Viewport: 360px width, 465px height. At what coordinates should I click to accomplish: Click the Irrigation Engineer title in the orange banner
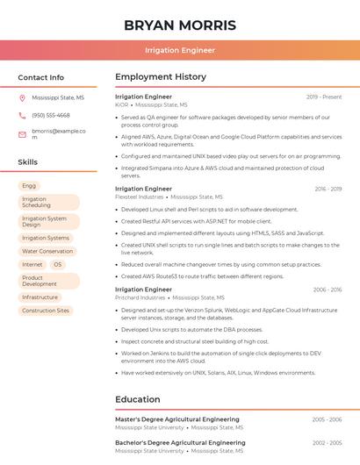pyautogui.click(x=179, y=50)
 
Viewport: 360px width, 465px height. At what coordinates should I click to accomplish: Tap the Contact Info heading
pyautogui.click(x=40, y=77)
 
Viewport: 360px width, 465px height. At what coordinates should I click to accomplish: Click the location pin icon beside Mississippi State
pyautogui.click(x=22, y=98)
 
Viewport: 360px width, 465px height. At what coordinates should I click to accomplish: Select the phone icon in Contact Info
pyautogui.click(x=22, y=115)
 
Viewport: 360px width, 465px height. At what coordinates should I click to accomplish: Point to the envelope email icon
pyautogui.click(x=22, y=134)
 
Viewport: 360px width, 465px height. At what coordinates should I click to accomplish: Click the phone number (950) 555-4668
pyautogui.click(x=51, y=115)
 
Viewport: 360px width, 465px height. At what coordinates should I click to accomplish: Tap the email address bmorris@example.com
pyautogui.click(x=58, y=134)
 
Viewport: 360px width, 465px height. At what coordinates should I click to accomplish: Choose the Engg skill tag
pyautogui.click(x=29, y=186)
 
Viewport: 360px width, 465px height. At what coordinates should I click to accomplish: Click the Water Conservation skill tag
pyautogui.click(x=47, y=251)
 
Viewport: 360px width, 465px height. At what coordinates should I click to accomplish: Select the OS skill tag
pyautogui.click(x=58, y=264)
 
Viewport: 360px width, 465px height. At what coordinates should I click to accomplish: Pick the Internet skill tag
pyautogui.click(x=32, y=264)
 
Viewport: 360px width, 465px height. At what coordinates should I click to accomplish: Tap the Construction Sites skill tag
pyautogui.click(x=46, y=311)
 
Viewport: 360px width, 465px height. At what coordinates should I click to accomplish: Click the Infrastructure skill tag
pyautogui.click(x=40, y=297)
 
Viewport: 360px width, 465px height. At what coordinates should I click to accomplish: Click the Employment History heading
pyautogui.click(x=161, y=77)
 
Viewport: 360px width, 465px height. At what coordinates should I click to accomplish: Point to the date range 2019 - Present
pyautogui.click(x=324, y=97)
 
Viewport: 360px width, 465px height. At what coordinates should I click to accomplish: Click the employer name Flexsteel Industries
pyautogui.click(x=140, y=197)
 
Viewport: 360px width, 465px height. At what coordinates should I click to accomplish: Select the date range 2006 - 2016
pyautogui.click(x=327, y=290)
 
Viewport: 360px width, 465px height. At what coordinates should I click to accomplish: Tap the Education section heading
pyautogui.click(x=137, y=400)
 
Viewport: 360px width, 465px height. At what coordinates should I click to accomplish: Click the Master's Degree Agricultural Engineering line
pyautogui.click(x=177, y=419)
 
